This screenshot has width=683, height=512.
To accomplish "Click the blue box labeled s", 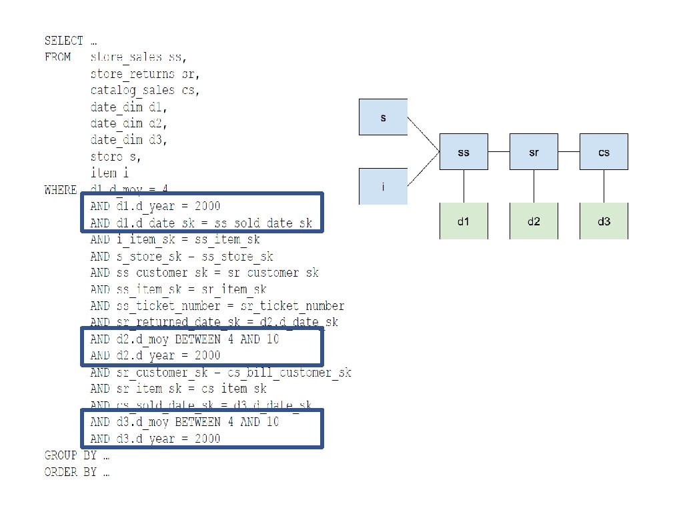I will [384, 117].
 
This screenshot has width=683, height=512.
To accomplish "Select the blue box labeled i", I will [384, 187].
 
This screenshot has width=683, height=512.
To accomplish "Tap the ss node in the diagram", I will [464, 151].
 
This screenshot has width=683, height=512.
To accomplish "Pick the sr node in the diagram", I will [534, 151].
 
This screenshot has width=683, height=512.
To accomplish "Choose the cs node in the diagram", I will [604, 151].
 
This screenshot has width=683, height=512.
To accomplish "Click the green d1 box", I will [464, 221].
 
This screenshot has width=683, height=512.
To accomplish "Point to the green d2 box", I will [534, 221].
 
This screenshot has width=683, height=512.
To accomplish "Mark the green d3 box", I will [604, 221].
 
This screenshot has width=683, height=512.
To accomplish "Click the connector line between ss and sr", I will [499, 151].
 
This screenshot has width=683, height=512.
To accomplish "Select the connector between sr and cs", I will [568, 151].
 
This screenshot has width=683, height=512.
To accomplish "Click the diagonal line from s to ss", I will [424, 135].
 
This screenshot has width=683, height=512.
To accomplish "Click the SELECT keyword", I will [63, 41].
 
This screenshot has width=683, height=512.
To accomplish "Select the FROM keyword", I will [57, 57].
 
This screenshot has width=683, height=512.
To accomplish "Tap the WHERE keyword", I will [61, 190].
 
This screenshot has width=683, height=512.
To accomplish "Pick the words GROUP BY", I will [70, 456].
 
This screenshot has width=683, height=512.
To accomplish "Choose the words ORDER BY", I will [70, 473].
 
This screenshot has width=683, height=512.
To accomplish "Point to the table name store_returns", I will [133, 73].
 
